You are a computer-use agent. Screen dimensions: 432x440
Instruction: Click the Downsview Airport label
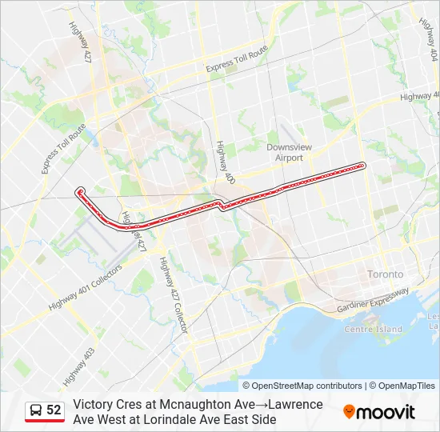pyautogui.click(x=285, y=153)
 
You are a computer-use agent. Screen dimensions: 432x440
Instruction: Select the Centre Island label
pyautogui.click(x=373, y=330)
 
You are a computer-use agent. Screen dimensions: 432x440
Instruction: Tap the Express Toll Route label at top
pyautogui.click(x=236, y=61)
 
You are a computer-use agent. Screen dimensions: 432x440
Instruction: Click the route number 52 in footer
pyautogui.click(x=54, y=410)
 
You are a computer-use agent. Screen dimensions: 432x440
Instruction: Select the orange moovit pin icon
pyautogui.click(x=349, y=411)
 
